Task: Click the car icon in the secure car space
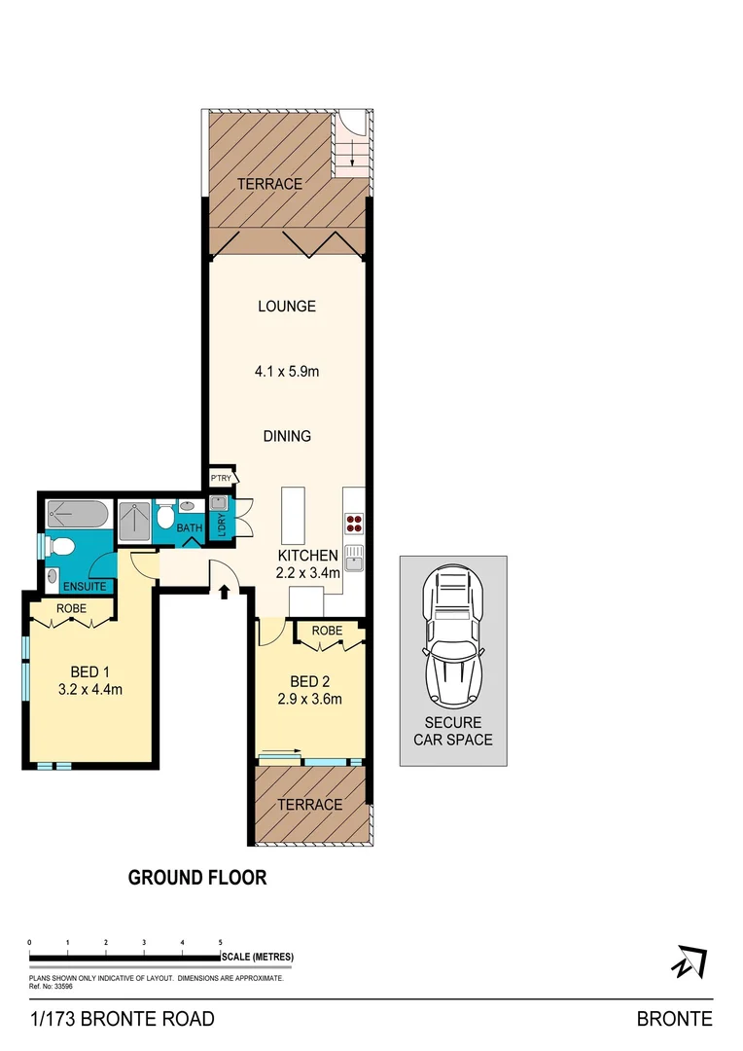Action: coord(452,639)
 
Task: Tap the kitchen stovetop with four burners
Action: coord(354,524)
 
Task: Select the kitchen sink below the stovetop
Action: coord(354,559)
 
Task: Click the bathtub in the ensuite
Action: coord(78,513)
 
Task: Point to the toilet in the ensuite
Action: coord(57,548)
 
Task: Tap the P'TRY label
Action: coord(221,480)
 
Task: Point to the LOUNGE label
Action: coord(287,307)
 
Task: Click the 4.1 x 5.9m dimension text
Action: coord(287,371)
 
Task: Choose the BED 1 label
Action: coord(88,671)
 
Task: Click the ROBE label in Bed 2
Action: coord(327,631)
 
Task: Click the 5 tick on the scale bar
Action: coord(221,943)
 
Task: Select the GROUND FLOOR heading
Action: coord(197,878)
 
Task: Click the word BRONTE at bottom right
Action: coord(674,1019)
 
